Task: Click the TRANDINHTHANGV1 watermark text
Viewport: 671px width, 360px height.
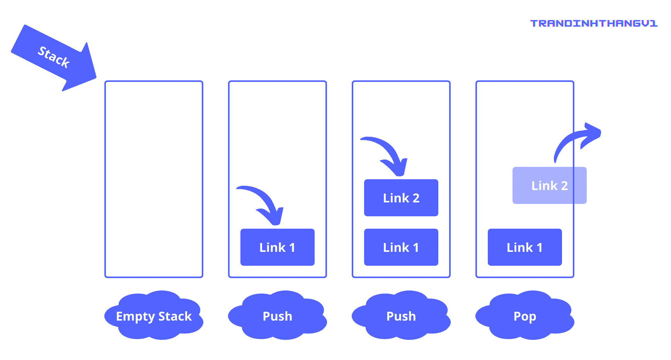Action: pyautogui.click(x=594, y=24)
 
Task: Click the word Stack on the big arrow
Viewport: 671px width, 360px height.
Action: pyautogui.click(x=53, y=57)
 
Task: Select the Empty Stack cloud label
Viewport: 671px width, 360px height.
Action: pyautogui.click(x=154, y=316)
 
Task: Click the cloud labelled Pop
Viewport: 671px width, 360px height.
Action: pyautogui.click(x=525, y=316)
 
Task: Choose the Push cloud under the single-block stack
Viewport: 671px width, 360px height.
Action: pyautogui.click(x=277, y=316)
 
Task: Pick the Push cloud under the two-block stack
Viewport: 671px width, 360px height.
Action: pyautogui.click(x=401, y=316)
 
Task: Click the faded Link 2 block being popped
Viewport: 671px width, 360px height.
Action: pyautogui.click(x=549, y=185)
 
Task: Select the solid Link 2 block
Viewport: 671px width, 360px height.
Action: pyautogui.click(x=401, y=198)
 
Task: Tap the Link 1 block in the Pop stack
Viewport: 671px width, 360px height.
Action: pyautogui.click(x=525, y=247)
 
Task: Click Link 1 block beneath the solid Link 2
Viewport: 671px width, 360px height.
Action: pyautogui.click(x=401, y=247)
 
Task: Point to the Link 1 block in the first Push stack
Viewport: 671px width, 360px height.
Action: pyautogui.click(x=277, y=247)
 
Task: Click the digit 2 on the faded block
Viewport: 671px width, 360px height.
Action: pyautogui.click(x=564, y=186)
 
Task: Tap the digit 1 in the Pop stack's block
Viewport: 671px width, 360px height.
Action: pyautogui.click(x=539, y=248)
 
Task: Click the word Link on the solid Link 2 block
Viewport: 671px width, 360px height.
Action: pyautogui.click(x=396, y=198)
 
